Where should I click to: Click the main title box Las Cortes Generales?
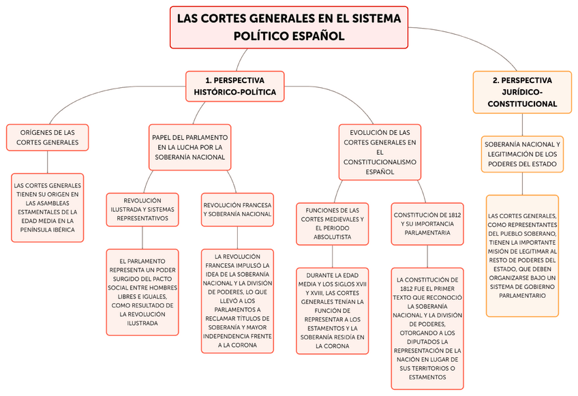tap(288, 27)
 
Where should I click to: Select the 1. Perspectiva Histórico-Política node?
tap(234, 86)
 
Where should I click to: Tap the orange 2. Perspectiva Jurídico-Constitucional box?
tap(522, 92)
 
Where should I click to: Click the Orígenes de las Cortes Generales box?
tap(47, 138)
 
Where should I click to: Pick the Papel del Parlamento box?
tap(190, 147)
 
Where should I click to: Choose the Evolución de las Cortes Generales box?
tap(380, 152)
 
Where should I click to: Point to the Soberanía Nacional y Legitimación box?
tap(522, 154)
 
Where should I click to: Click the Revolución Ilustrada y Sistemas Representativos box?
tap(142, 209)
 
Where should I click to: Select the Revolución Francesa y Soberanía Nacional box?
tap(237, 209)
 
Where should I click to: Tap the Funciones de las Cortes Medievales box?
tap(333, 224)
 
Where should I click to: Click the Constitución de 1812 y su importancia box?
tap(427, 224)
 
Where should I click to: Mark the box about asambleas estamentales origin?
tap(47, 207)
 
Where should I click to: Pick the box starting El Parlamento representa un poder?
tap(142, 292)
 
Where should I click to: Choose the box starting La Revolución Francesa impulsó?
tap(237, 301)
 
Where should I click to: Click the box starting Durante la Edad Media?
tap(333, 311)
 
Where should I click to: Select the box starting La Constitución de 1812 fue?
tap(427, 329)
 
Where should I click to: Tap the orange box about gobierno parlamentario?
tap(522, 256)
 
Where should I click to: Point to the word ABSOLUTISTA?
tap(333, 237)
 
